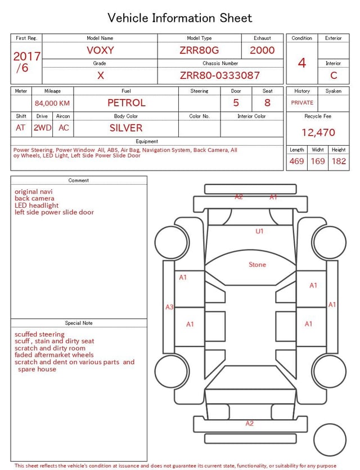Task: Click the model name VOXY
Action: (100, 50)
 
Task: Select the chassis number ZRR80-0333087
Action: (220, 75)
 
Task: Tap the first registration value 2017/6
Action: (26, 62)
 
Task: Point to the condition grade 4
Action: (302, 63)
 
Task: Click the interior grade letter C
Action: (334, 75)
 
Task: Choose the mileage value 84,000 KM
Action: (52, 104)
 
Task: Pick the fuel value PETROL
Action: (127, 103)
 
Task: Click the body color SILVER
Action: (126, 128)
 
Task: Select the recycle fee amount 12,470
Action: (318, 132)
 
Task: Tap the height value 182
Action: (339, 161)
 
